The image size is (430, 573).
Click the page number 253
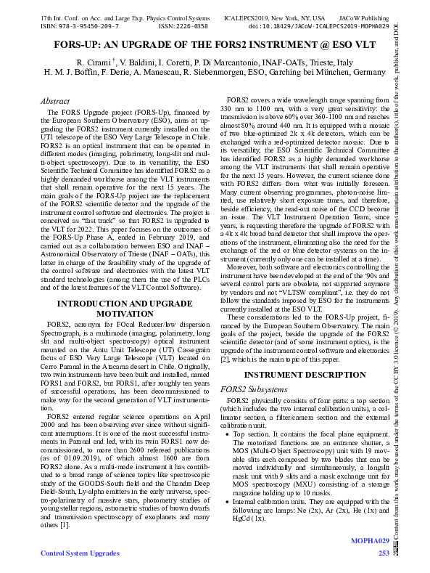pyautogui.click(x=384, y=554)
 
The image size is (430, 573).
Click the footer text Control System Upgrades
pyautogui.click(x=80, y=554)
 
